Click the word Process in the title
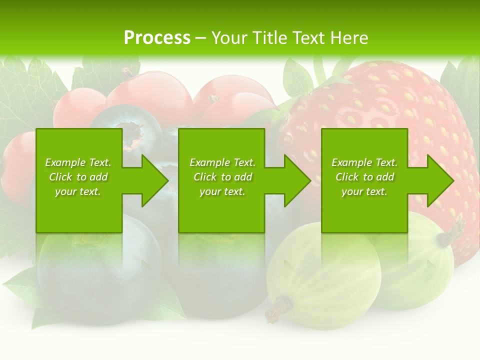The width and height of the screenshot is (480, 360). pos(157,38)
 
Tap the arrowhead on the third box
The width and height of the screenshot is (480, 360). pos(440,180)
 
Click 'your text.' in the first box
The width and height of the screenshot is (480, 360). pos(78,191)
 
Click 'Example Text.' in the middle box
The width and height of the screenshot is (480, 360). pos(222,162)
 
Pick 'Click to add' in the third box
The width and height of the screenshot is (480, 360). pos(365,177)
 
